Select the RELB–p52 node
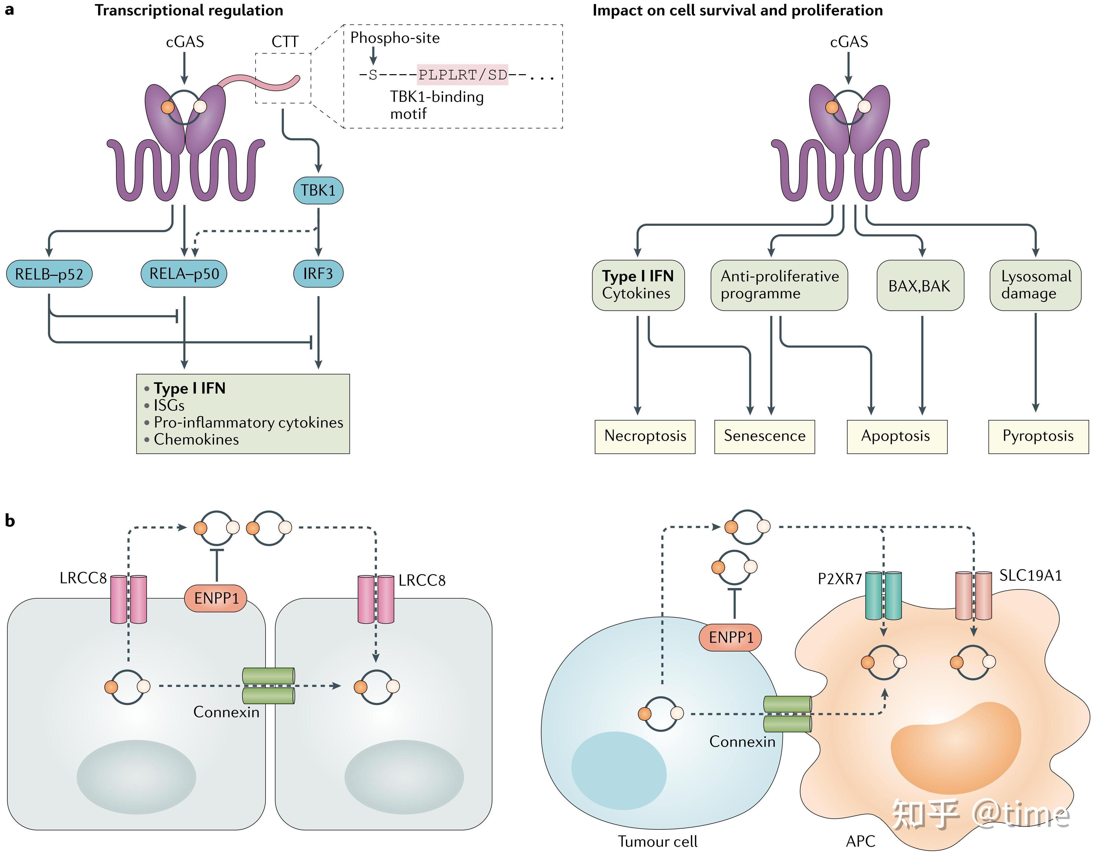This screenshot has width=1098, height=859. pos(49,274)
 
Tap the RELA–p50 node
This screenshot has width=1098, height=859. pos(184,274)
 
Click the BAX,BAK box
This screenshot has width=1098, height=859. pos(920,286)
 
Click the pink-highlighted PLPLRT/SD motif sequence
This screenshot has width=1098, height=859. pos(462,75)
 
